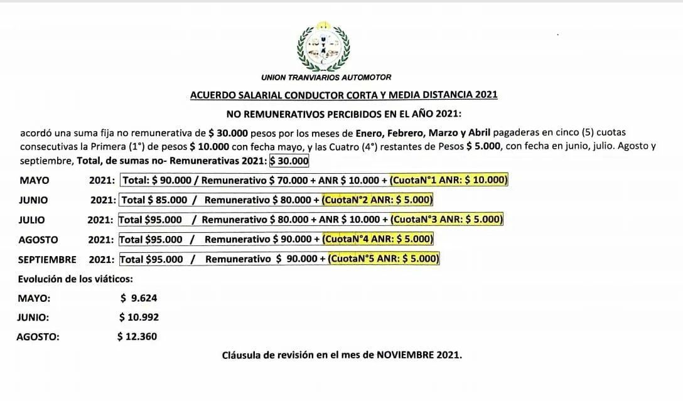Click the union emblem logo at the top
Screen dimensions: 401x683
323,46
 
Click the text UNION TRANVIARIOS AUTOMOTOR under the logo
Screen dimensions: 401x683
326,77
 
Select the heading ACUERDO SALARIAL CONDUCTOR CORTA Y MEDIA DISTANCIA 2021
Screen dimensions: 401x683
343,95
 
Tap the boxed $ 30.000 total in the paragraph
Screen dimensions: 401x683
289,161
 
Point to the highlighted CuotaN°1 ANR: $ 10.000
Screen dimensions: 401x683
448,180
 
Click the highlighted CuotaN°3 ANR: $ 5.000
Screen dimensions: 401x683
446,220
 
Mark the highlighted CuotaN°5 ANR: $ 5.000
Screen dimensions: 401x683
383,259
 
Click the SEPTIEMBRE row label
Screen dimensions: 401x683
47,260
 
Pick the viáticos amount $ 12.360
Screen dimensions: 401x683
137,336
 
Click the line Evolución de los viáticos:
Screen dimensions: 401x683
75,279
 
